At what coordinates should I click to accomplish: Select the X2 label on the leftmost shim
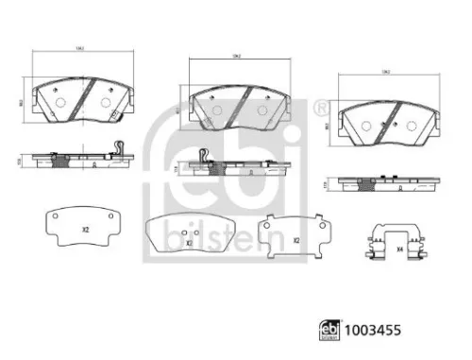(84, 230)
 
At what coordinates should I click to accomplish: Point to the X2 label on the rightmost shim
(295, 240)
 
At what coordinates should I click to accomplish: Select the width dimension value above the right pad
(386, 72)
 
